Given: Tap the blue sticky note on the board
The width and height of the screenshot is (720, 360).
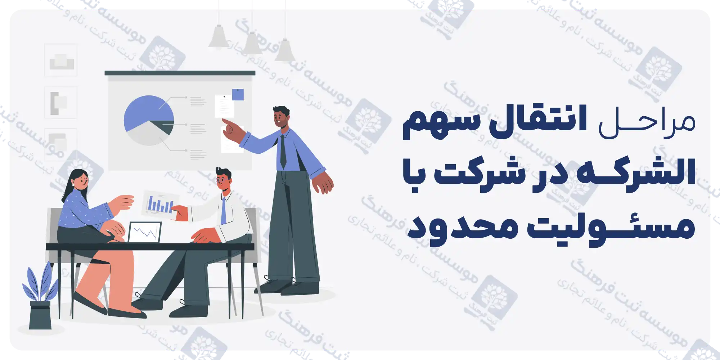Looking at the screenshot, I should coord(238,94).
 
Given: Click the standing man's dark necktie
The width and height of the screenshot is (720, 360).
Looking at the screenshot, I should coord(283,151).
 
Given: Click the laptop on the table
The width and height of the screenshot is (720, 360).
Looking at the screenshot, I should coord(145,232).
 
